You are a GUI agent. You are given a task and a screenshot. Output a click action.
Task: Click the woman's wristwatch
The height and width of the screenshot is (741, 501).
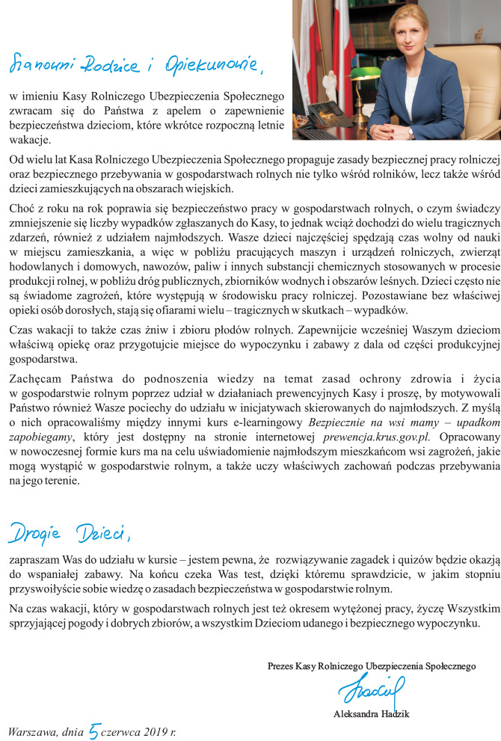coord(411,131)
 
